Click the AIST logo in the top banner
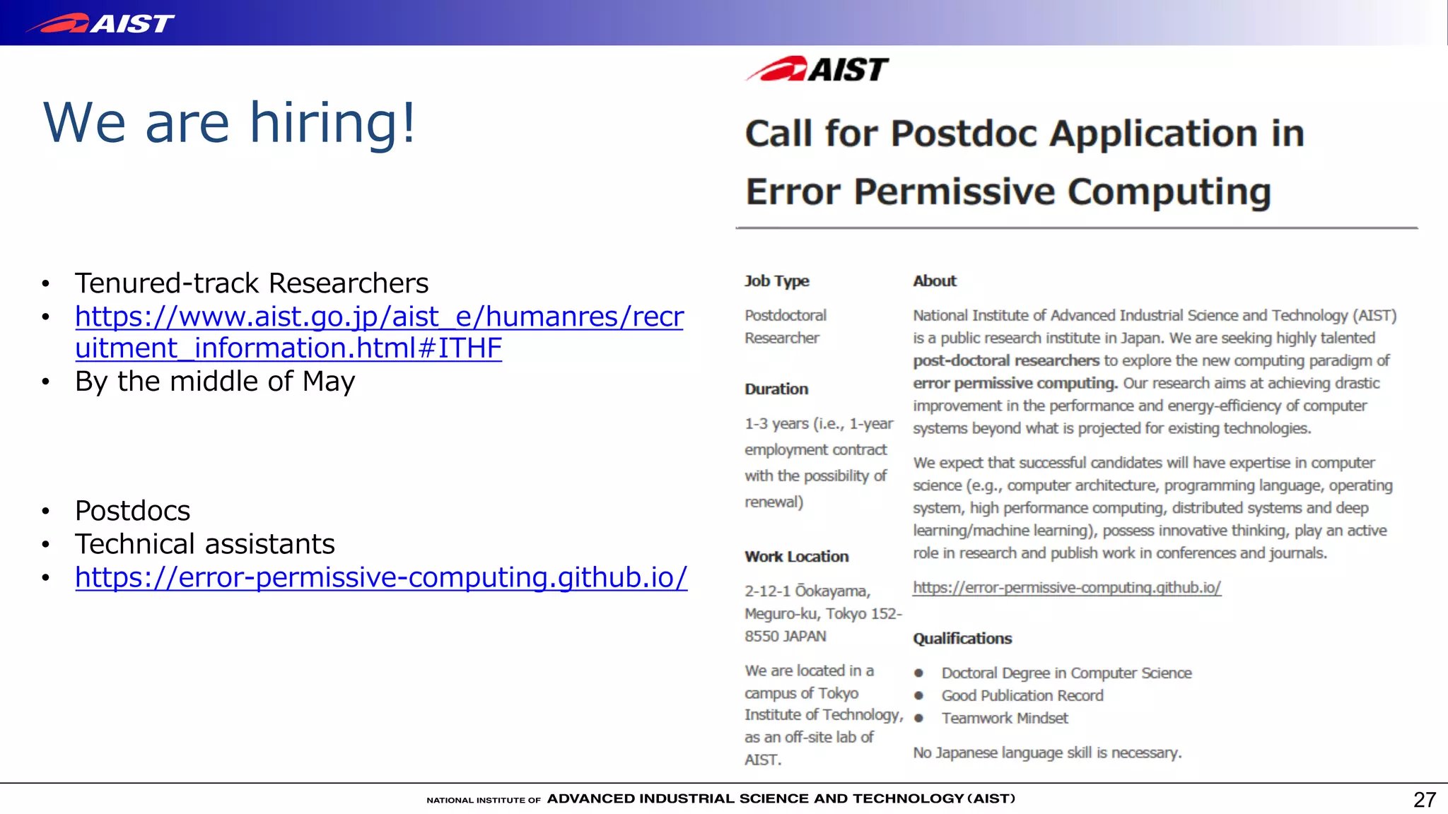[x=100, y=23]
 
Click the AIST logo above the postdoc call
[x=817, y=69]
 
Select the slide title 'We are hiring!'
[x=230, y=123]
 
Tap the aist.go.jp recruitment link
[x=379, y=332]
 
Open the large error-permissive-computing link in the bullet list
[x=381, y=577]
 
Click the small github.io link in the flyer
[x=1066, y=587]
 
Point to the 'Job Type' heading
[x=776, y=281]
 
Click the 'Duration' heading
[x=776, y=389]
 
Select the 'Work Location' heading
[x=796, y=557]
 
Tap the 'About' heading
[x=934, y=281]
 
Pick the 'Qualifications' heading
[x=962, y=639]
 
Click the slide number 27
[x=1424, y=799]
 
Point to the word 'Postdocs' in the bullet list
[x=133, y=511]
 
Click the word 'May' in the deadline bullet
[x=329, y=382]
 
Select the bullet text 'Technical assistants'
[x=205, y=544]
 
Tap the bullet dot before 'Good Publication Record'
[x=918, y=696]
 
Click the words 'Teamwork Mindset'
[x=1004, y=719]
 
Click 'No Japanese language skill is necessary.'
[x=1046, y=753]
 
